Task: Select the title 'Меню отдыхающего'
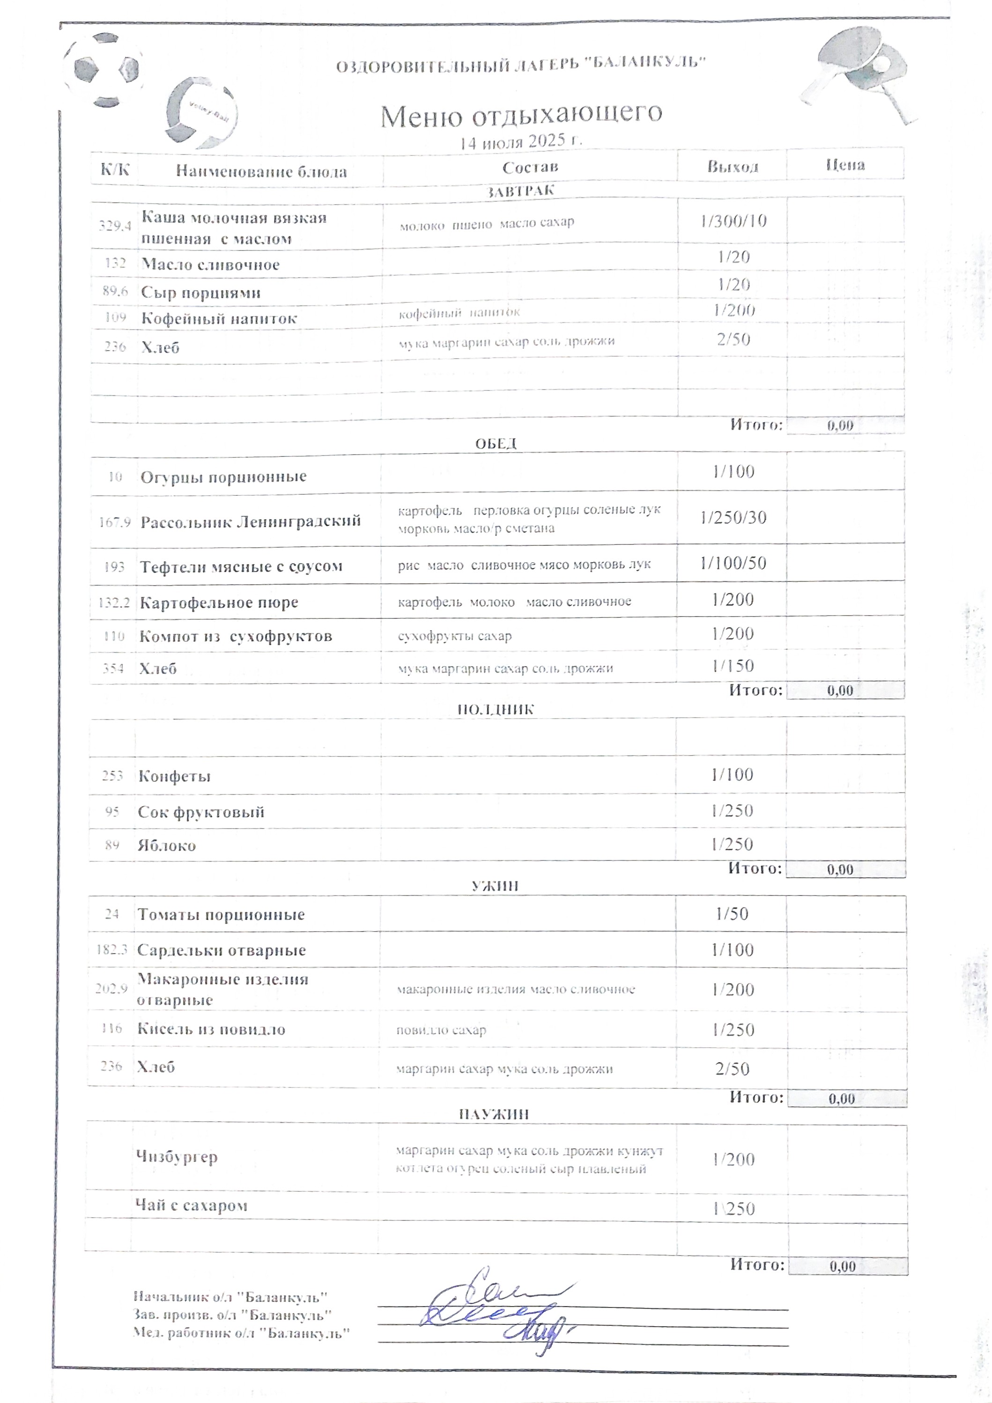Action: [521, 114]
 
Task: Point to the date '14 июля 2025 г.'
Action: [521, 142]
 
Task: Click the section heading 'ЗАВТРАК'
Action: [520, 191]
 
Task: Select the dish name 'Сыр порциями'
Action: [200, 292]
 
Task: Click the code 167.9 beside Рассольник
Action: [114, 522]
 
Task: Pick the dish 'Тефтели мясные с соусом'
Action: [241, 566]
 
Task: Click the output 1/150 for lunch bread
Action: [733, 665]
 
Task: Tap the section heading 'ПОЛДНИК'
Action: [496, 709]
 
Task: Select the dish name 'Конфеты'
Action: [174, 776]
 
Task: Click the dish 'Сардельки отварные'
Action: [221, 950]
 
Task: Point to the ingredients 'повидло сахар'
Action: [441, 1030]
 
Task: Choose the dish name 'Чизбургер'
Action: [177, 1157]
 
